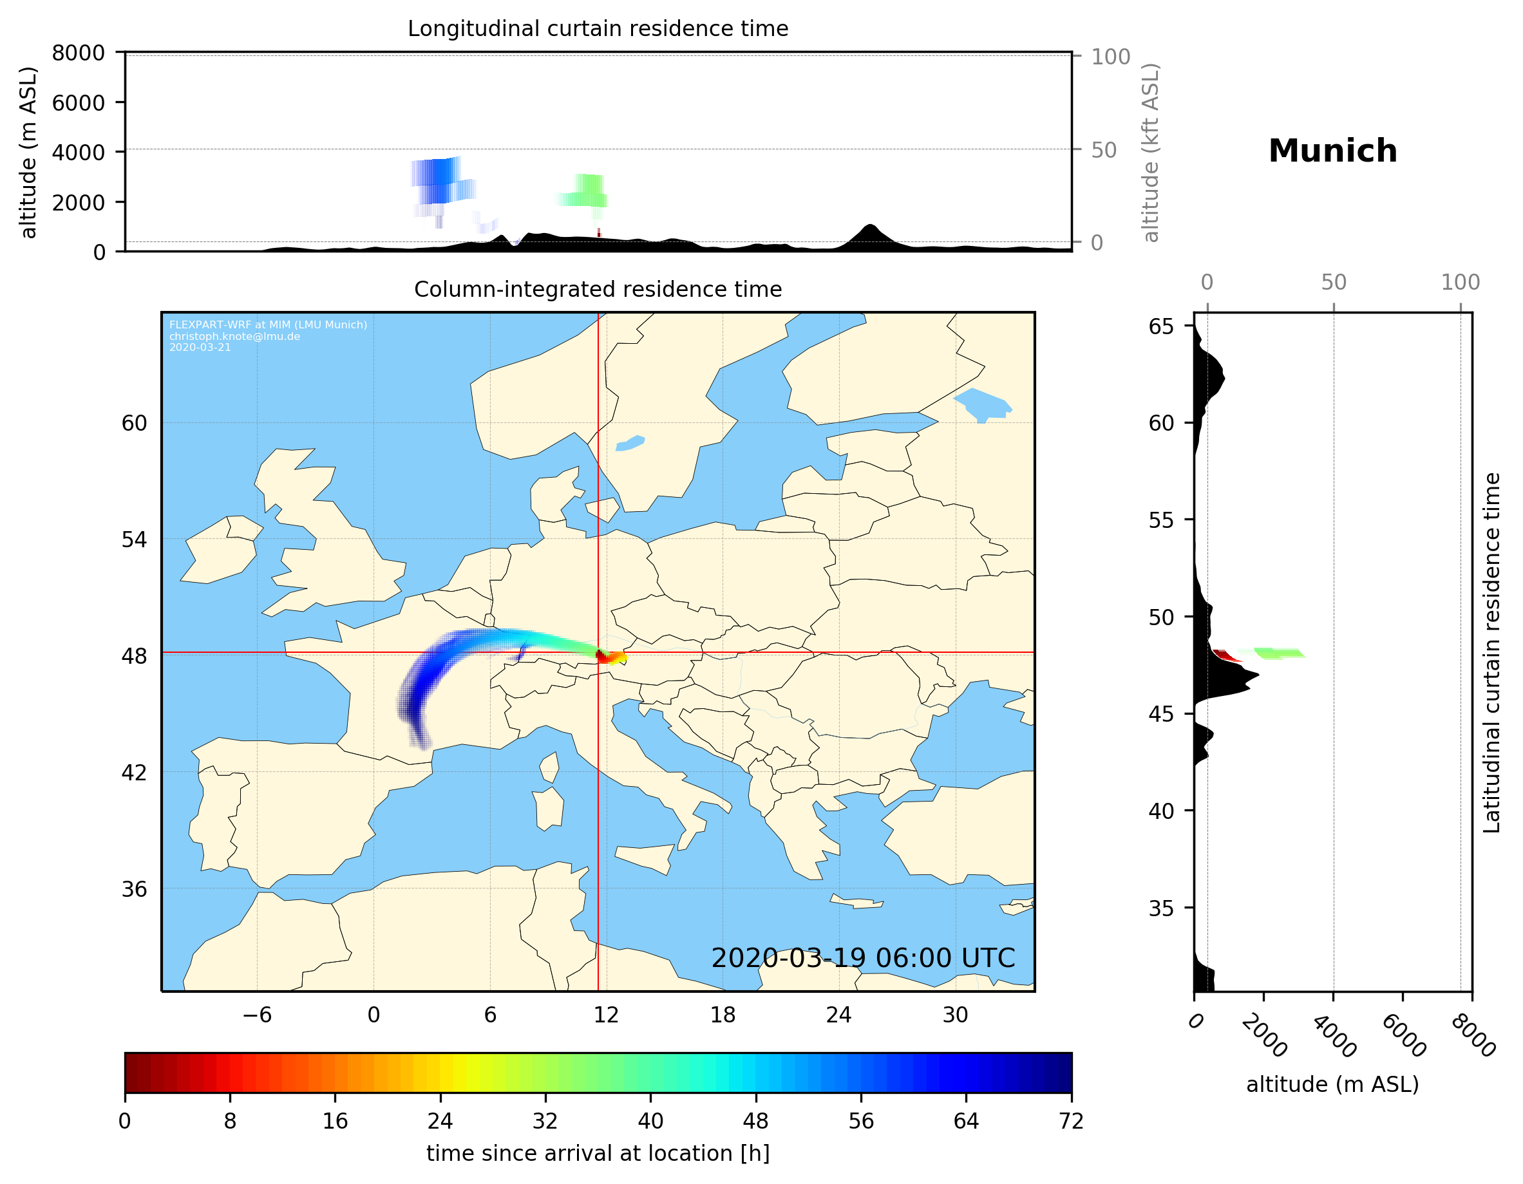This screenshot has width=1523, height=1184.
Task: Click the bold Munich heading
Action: pyautogui.click(x=1332, y=151)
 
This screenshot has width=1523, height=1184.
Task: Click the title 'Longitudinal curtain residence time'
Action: pyautogui.click(x=598, y=28)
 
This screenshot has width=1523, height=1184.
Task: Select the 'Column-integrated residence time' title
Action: pyautogui.click(x=598, y=289)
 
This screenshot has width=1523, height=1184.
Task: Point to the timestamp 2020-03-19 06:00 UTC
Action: pyautogui.click(x=863, y=958)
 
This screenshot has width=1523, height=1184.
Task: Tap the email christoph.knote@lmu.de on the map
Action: pyautogui.click(x=234, y=336)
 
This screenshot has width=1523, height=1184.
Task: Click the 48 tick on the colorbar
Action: pyautogui.click(x=756, y=1122)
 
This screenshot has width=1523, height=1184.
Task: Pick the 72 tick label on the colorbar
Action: pyautogui.click(x=1071, y=1122)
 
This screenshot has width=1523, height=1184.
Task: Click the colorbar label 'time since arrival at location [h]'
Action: pyautogui.click(x=598, y=1153)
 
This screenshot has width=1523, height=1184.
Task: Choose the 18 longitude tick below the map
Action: pyautogui.click(x=723, y=1015)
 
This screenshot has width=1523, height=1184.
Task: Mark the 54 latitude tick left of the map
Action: pyautogui.click(x=134, y=540)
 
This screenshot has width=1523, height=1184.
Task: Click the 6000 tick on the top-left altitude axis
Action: pyautogui.click(x=78, y=102)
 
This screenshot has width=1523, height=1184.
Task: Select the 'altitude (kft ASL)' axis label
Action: pyautogui.click(x=1150, y=152)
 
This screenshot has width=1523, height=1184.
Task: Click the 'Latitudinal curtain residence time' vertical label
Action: pyautogui.click(x=1491, y=652)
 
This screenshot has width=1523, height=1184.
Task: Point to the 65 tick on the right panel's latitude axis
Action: pyautogui.click(x=1161, y=326)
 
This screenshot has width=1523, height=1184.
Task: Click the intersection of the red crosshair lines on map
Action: pyautogui.click(x=598, y=653)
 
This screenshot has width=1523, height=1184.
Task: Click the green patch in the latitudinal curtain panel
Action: pyautogui.click(x=1279, y=653)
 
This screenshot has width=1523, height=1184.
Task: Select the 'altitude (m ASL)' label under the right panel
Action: pyautogui.click(x=1332, y=1084)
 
